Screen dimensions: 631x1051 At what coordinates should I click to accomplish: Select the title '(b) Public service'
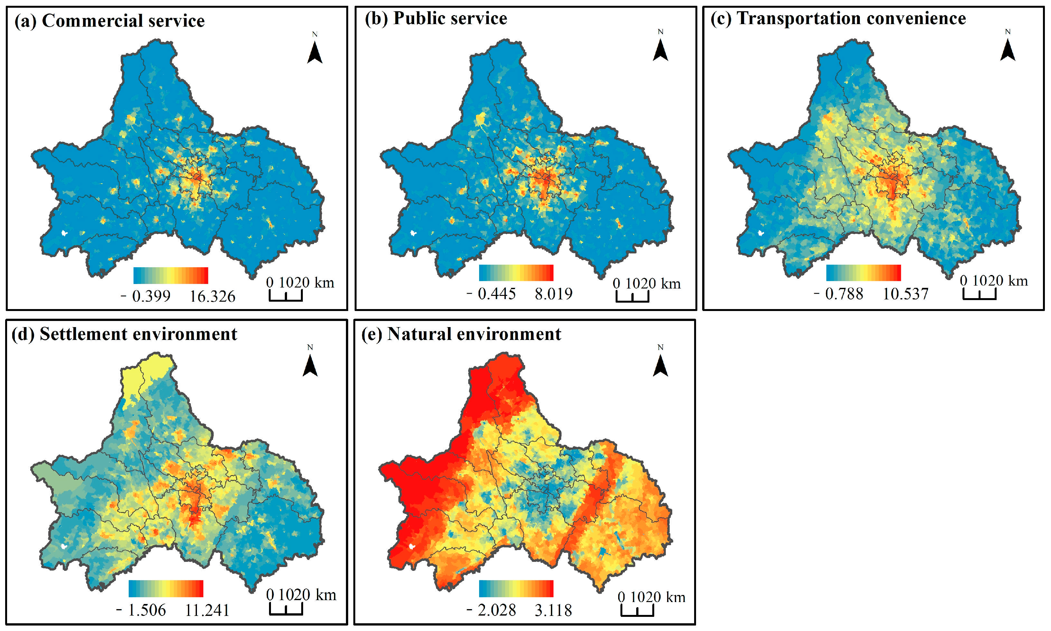436,18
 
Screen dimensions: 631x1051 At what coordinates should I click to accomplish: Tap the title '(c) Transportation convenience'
838,18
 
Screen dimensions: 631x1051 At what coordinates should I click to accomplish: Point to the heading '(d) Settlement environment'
124,334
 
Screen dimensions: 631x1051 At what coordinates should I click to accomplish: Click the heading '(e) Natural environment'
461,334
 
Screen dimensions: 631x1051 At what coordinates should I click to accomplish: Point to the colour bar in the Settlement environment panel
166,589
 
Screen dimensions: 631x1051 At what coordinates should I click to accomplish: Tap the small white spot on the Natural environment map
411,546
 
